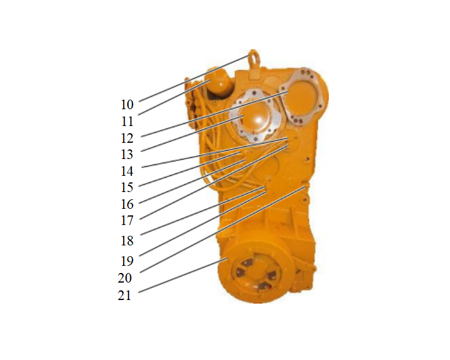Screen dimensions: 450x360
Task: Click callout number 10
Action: [x=127, y=104]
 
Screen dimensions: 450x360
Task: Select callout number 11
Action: [x=127, y=121]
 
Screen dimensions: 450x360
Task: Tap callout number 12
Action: [x=127, y=139]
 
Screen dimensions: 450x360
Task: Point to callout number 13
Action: [x=127, y=154]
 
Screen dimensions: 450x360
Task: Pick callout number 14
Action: [x=127, y=171]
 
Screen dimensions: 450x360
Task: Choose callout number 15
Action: [x=127, y=187]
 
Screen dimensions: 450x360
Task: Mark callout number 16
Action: [x=127, y=204]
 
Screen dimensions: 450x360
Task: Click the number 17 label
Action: [x=127, y=220]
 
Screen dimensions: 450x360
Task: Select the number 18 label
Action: [x=127, y=241]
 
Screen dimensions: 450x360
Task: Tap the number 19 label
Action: [x=127, y=261]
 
